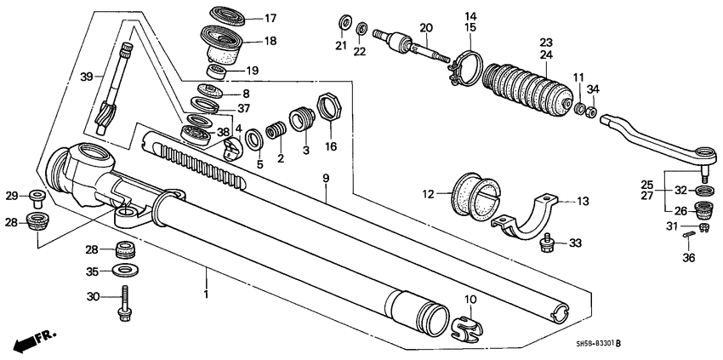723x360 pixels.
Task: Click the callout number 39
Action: (86, 77)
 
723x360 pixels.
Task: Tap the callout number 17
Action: (270, 18)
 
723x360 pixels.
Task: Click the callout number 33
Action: (577, 243)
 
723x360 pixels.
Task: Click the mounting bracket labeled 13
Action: (527, 215)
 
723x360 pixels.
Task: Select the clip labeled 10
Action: (464, 326)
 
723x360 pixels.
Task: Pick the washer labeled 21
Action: (344, 20)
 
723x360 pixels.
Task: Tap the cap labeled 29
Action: (37, 199)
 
